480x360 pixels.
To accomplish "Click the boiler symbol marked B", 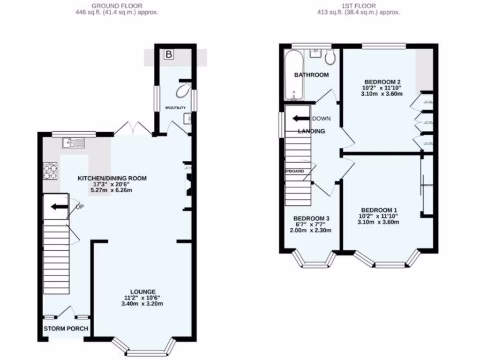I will tap(169, 55).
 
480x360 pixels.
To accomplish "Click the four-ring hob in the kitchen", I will tap(50, 171).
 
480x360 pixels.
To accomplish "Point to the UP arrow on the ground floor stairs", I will tap(59, 207).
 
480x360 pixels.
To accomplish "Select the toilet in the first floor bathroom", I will tap(330, 58).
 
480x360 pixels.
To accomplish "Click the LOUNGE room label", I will tap(143, 292).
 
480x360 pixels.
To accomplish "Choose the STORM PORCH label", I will tap(66, 329).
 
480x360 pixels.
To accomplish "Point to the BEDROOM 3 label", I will tap(312, 218).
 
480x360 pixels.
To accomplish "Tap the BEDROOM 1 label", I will tap(379, 210).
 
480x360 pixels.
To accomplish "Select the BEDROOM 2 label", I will tap(381, 81).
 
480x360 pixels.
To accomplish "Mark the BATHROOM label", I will tap(311, 75).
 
